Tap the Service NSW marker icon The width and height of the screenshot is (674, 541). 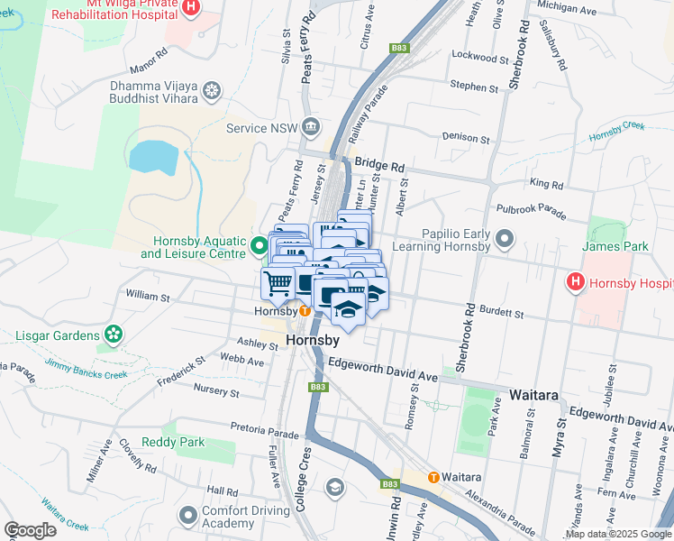[312, 126]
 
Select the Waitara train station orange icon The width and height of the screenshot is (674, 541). [433, 477]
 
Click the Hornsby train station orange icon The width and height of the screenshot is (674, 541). [305, 311]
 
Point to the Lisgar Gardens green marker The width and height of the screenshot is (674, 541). [113, 335]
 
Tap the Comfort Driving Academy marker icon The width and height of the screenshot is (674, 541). [187, 516]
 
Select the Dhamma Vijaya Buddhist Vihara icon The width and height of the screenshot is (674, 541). [212, 90]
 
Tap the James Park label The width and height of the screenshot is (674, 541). [615, 246]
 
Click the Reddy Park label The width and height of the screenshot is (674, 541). [178, 443]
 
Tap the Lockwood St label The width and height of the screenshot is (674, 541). [480, 57]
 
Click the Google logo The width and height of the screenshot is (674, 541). [30, 530]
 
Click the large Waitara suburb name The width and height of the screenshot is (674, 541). [536, 395]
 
